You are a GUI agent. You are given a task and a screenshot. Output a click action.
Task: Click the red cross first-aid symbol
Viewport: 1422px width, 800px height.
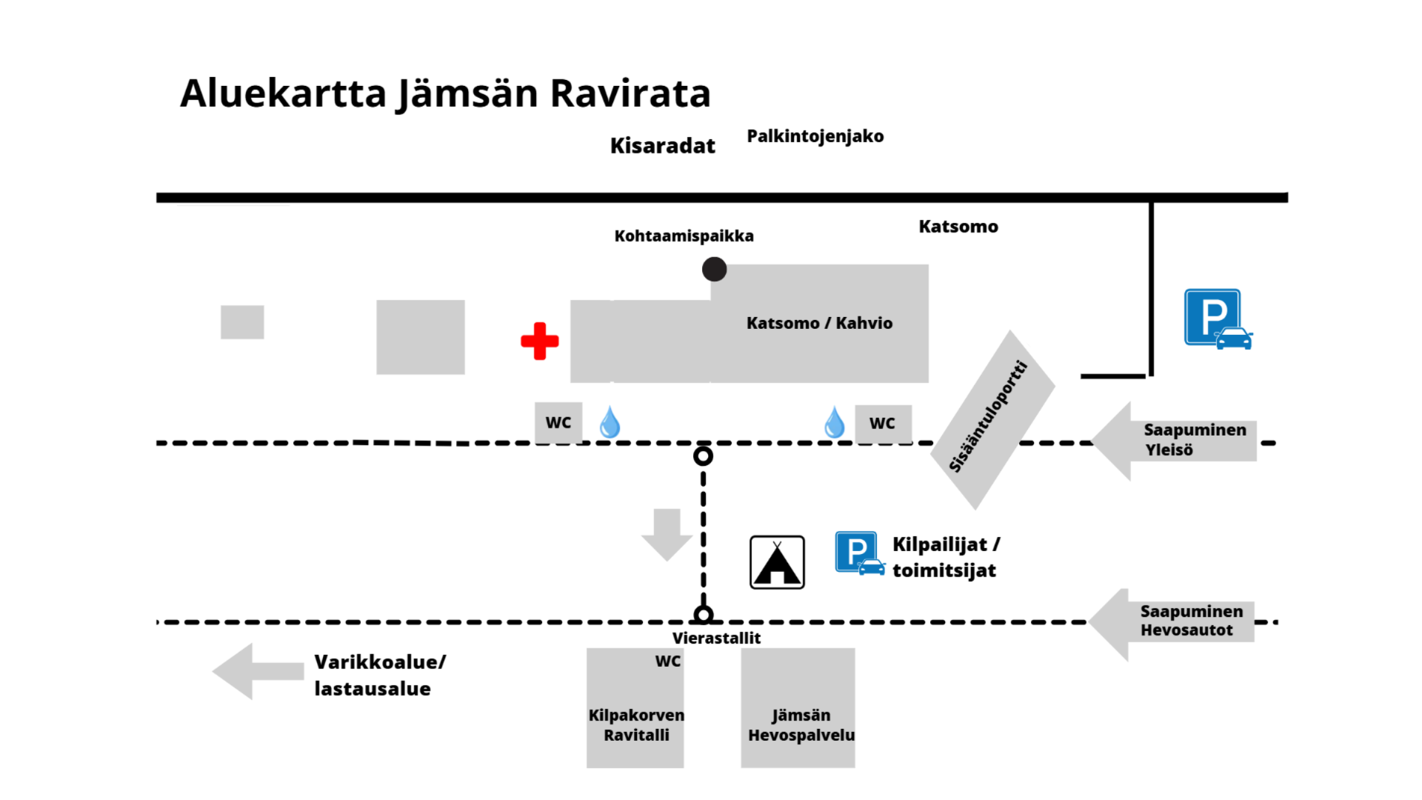coord(540,341)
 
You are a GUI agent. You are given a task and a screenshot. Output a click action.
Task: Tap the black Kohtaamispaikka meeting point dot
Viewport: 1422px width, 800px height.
coord(714,269)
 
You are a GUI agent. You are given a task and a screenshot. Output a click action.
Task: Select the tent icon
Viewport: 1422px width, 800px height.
coord(777,562)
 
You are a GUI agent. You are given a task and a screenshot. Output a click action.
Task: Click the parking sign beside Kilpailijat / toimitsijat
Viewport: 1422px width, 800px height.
coord(859,553)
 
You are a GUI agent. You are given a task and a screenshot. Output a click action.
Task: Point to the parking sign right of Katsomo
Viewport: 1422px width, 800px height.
coord(1218,319)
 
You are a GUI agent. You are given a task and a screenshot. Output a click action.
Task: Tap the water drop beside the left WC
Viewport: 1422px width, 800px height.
coord(610,421)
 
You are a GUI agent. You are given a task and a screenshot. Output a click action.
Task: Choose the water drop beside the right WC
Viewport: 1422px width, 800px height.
coord(835,421)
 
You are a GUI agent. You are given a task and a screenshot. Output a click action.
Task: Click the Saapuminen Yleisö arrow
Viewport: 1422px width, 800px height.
coord(1175,441)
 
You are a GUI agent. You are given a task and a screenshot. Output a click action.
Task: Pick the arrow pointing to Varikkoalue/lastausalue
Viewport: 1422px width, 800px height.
coord(258,671)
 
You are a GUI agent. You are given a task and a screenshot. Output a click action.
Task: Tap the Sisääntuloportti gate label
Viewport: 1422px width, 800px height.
coord(989,416)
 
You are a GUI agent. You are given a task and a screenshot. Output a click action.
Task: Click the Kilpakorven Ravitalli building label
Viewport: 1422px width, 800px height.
coord(636,725)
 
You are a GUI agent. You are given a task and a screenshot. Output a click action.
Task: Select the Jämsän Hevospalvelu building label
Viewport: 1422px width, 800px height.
coord(801,725)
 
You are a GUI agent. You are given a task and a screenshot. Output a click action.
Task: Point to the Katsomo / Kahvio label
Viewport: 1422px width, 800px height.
coord(819,323)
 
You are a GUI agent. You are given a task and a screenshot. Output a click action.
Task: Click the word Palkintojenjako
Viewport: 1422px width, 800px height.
coord(815,137)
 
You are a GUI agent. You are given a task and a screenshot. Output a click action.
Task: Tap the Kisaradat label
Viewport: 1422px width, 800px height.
coord(662,146)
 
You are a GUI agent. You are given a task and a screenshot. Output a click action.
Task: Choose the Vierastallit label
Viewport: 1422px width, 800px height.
coord(716,638)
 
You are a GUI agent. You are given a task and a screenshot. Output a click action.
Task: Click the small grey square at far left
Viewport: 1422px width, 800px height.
coord(242,322)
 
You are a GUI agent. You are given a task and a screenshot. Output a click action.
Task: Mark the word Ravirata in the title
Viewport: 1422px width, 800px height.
coord(630,93)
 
